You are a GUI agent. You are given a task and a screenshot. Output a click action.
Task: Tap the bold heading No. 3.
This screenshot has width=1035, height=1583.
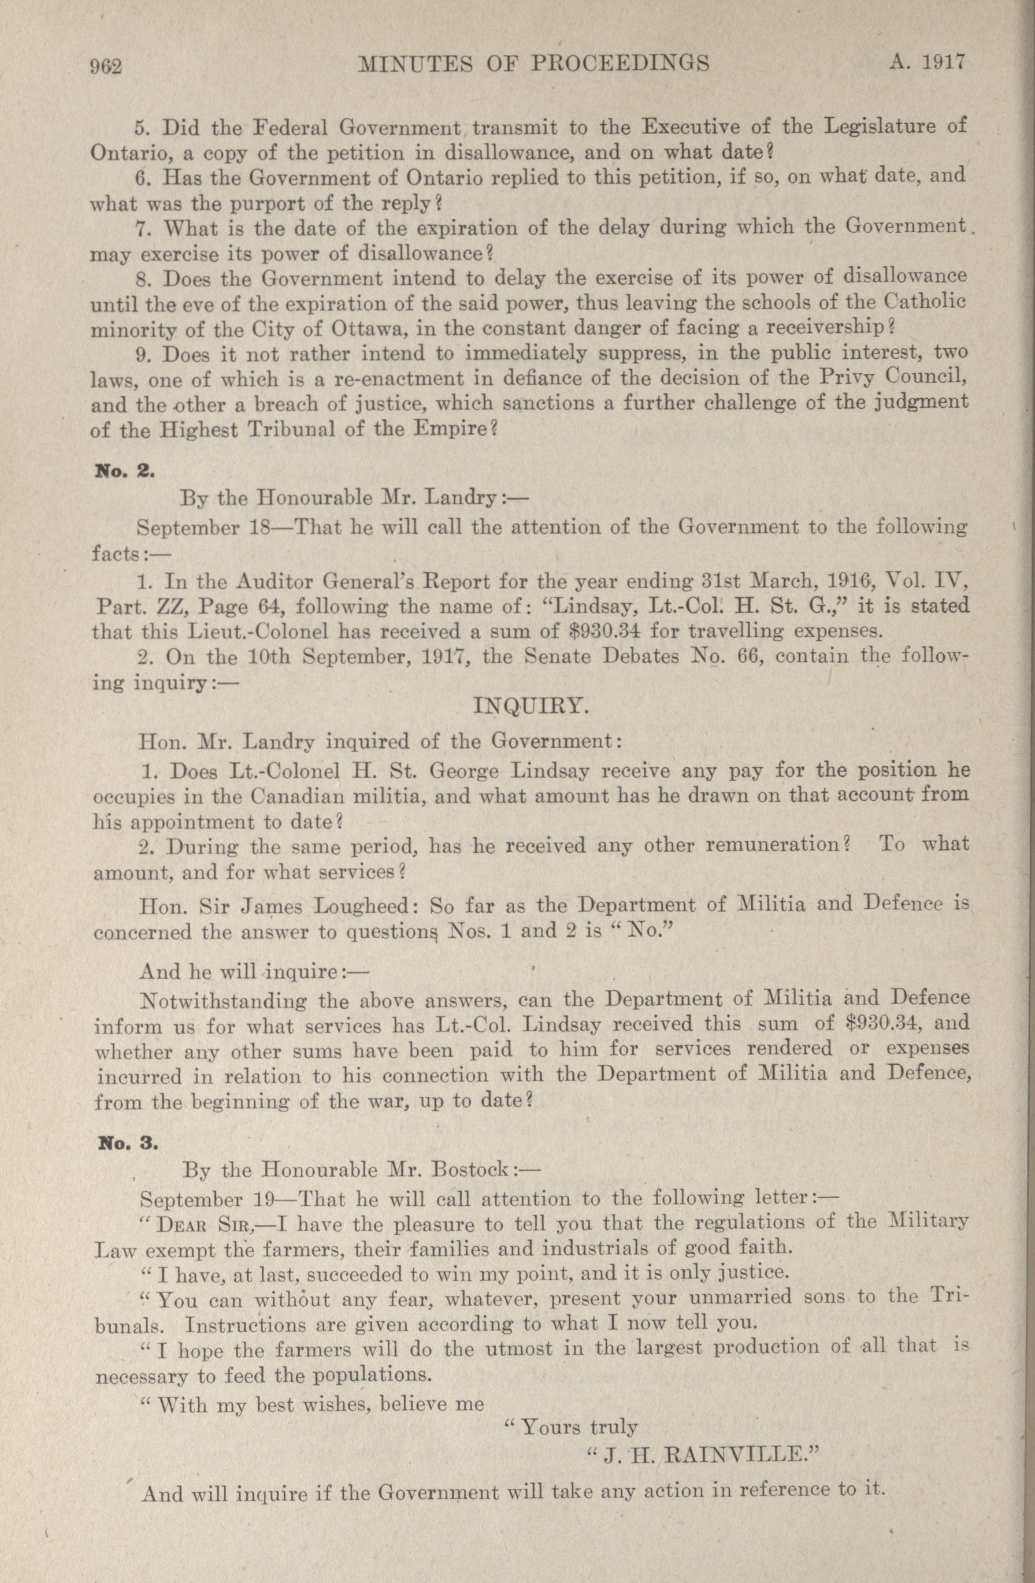[x=127, y=1143]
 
